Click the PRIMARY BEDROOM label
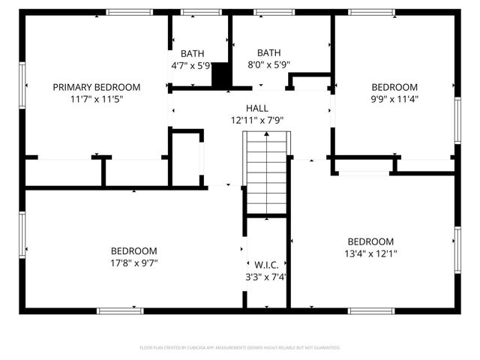click(x=97, y=87)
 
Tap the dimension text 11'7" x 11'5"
click(x=97, y=98)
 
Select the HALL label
click(x=256, y=109)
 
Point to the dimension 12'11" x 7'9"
click(x=256, y=120)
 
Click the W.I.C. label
click(x=266, y=265)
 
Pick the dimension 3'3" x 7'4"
click(x=266, y=277)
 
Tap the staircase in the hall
click(x=266, y=172)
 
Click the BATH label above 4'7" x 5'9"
click(x=192, y=53)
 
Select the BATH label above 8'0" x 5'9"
click(x=268, y=53)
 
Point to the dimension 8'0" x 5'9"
click(x=268, y=64)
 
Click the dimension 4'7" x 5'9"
click(x=192, y=64)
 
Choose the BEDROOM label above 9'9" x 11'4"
click(x=394, y=87)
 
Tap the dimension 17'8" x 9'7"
click(x=133, y=262)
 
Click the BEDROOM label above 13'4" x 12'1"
click(x=370, y=241)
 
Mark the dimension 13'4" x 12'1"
click(x=370, y=253)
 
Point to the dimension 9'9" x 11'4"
click(x=394, y=98)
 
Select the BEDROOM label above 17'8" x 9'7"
click(x=133, y=251)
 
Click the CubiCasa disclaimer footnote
click(x=240, y=348)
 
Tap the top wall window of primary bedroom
click(x=129, y=12)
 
